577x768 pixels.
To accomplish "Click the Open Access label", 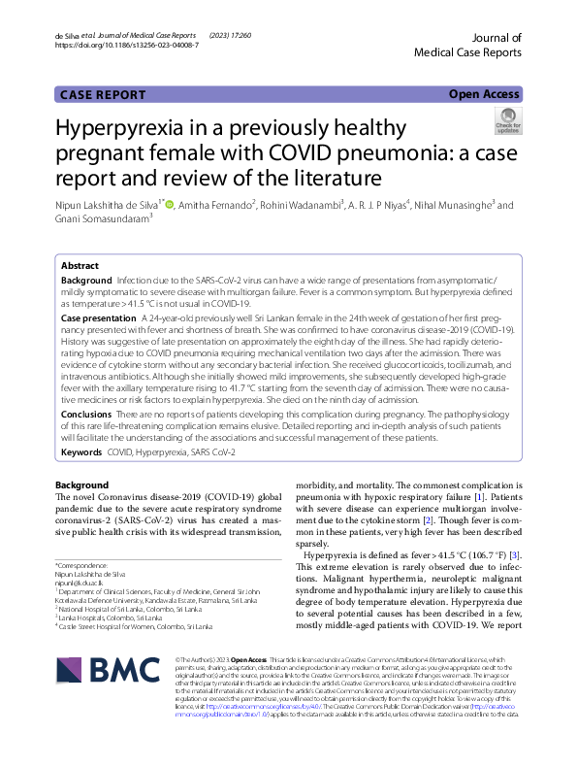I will coord(484,94).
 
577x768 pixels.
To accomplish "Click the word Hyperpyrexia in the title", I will coord(125,132).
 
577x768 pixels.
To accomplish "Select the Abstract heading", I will coord(80,265).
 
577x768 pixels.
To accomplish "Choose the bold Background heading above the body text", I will coord(81,484).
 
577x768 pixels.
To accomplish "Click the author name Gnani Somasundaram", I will coord(92,219).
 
